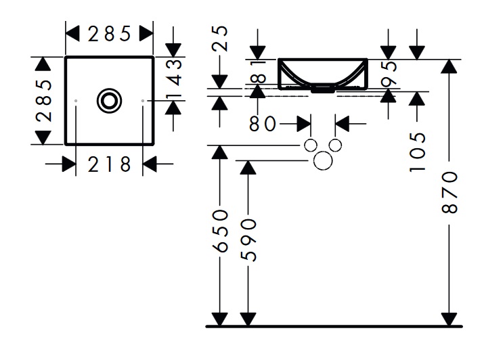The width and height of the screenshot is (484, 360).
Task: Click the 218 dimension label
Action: [109, 164]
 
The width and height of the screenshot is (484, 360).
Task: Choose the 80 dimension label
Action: [262, 125]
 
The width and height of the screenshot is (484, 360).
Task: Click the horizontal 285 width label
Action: [108, 33]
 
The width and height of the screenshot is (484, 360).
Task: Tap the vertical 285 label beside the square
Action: [43, 101]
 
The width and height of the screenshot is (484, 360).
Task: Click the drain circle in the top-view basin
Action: [109, 101]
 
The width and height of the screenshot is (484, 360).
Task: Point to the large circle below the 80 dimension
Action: [324, 160]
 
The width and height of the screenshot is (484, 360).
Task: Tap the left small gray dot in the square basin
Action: [76, 101]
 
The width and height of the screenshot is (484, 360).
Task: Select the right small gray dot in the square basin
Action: [143, 101]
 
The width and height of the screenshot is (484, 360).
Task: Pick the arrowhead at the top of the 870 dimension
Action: [447, 66]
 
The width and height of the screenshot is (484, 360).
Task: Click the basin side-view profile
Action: [323, 74]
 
